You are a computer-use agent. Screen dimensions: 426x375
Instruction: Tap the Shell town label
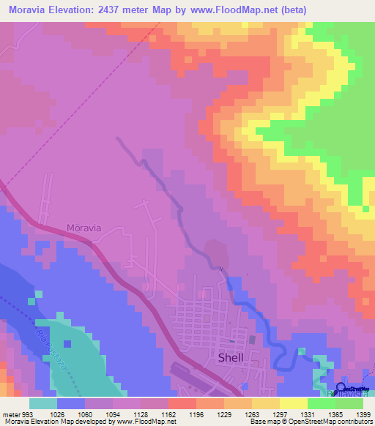click(x=231, y=358)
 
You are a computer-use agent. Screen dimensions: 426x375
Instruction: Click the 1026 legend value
click(x=56, y=414)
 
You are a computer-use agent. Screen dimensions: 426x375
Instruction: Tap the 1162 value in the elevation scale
click(x=168, y=414)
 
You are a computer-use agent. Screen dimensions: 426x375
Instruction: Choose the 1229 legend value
click(x=223, y=414)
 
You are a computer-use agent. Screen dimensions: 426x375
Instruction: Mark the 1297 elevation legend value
click(x=279, y=414)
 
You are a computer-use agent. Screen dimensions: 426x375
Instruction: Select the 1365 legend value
click(x=335, y=414)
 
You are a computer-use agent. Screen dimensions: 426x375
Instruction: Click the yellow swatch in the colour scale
click(x=293, y=403)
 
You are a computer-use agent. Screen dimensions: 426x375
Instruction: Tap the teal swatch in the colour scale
click(x=42, y=403)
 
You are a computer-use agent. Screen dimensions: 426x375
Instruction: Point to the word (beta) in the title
click(x=291, y=10)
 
